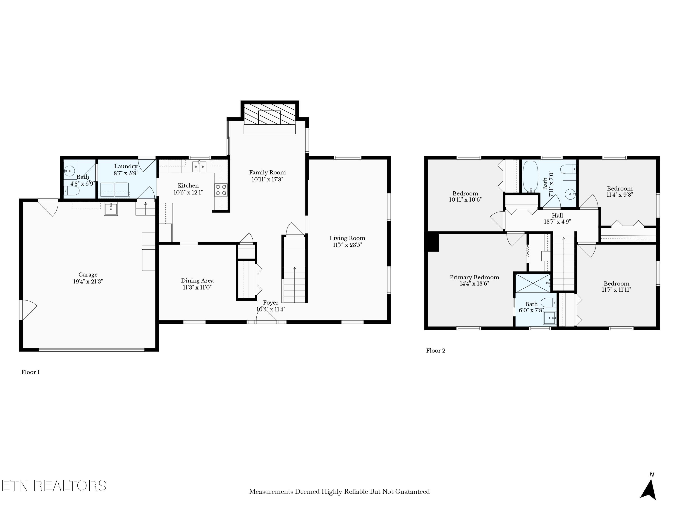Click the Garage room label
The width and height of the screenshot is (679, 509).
pos(88,275)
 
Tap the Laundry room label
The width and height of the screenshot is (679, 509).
pos(126,166)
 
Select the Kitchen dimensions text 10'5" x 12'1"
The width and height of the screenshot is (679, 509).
pos(188,192)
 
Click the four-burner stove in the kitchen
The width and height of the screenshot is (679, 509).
pos(221,190)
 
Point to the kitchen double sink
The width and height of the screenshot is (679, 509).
pos(199,167)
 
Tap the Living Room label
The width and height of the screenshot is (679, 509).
pos(347,238)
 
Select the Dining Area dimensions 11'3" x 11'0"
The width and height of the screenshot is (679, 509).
pos(197,288)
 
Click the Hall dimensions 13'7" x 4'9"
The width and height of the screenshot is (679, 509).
pos(557,221)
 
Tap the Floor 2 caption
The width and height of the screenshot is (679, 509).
pos(436,351)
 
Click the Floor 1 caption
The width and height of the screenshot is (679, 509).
pos(30,372)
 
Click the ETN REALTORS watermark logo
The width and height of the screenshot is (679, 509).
pos(54,486)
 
